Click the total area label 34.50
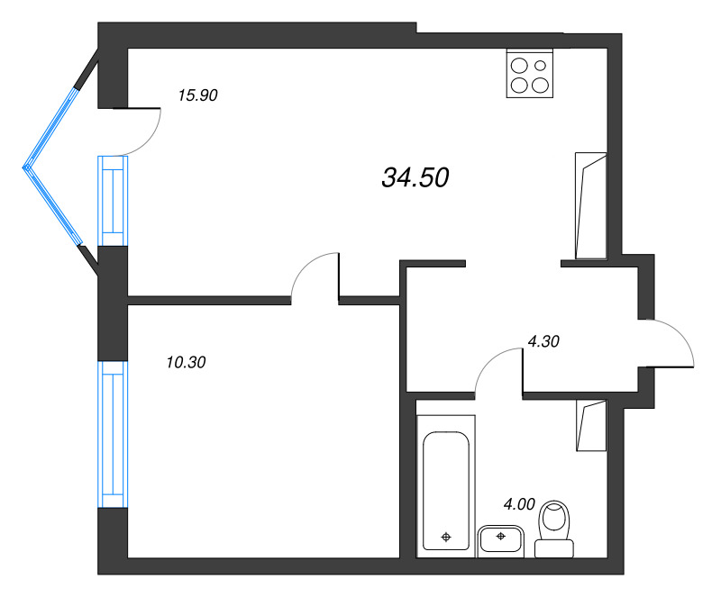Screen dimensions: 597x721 (x=415, y=178)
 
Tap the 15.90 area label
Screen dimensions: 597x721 (x=198, y=95)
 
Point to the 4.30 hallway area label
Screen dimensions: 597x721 (x=543, y=341)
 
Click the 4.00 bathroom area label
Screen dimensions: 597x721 (x=519, y=504)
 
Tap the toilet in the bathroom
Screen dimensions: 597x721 (x=555, y=531)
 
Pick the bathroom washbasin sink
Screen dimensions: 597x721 (x=499, y=538)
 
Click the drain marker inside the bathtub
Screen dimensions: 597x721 (x=446, y=538)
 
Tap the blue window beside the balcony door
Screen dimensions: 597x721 (x=112, y=200)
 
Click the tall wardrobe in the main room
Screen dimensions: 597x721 (x=591, y=205)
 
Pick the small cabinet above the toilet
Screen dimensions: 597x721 (x=592, y=426)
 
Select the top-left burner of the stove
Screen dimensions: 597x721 (x=520, y=64)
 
